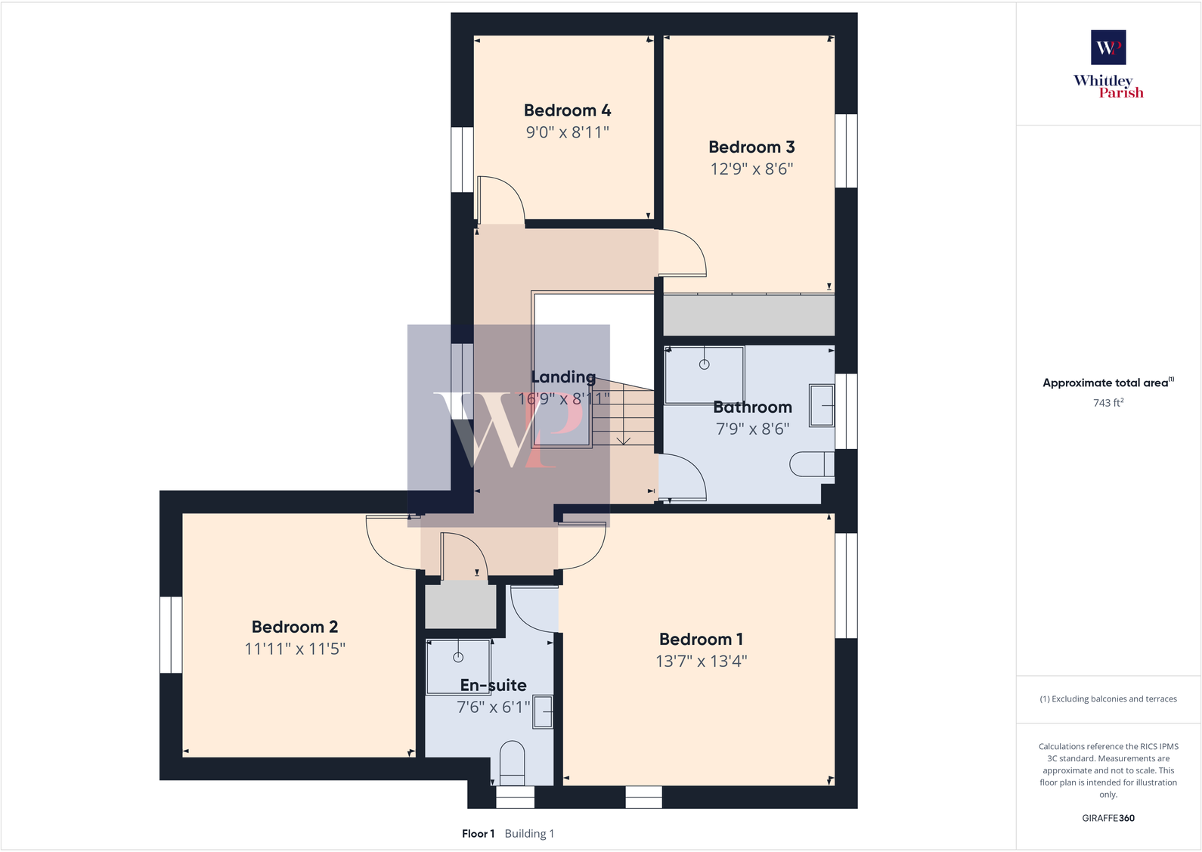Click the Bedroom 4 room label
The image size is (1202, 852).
(567, 110)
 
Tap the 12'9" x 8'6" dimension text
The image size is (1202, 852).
(751, 169)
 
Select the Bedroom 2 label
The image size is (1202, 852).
(295, 627)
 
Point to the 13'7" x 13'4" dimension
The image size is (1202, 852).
(701, 661)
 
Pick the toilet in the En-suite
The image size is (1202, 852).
(513, 763)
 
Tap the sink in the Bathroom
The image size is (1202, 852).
(822, 406)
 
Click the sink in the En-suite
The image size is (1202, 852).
(543, 712)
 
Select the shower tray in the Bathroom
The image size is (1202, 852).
(704, 374)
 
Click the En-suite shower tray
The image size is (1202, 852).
(458, 666)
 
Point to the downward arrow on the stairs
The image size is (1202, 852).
(624, 439)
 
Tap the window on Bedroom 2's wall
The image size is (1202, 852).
(171, 634)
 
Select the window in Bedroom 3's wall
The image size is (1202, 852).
(846, 150)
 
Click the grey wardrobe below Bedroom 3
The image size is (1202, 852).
(748, 315)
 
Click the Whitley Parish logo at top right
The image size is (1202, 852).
(1108, 64)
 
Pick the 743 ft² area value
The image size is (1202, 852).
(1108, 403)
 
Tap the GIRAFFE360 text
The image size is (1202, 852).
(1108, 818)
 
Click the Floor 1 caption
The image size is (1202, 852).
(478, 834)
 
